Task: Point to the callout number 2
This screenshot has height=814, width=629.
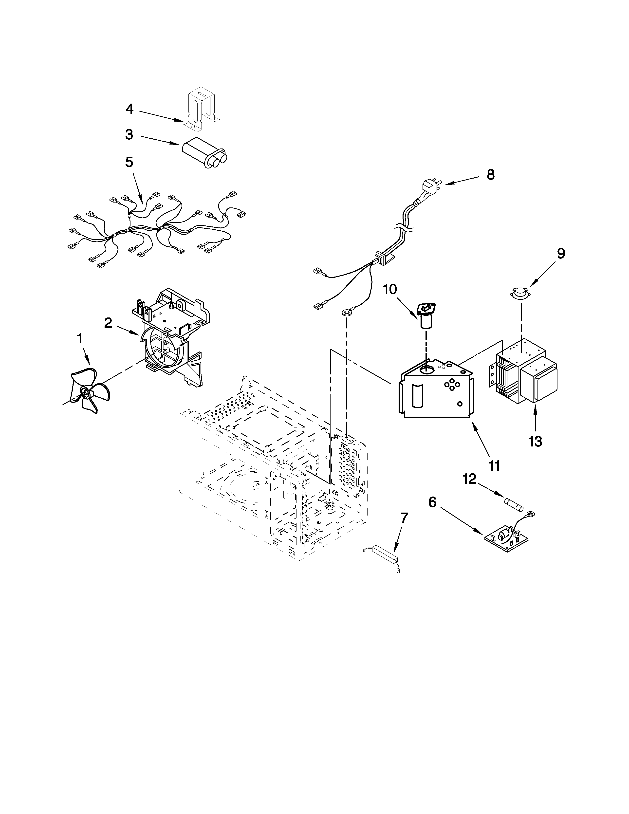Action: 108,323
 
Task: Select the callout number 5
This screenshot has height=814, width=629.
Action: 129,162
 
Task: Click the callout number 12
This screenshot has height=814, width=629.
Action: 469,479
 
